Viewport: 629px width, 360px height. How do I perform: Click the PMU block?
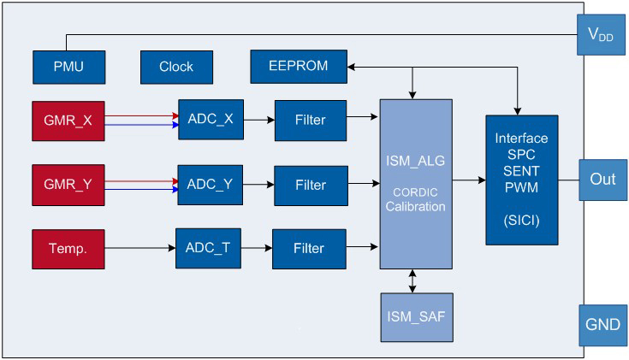point(68,67)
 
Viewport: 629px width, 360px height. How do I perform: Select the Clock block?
point(175,67)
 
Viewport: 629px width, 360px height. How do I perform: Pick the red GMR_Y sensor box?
point(69,183)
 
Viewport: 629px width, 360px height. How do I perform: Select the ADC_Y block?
point(210,184)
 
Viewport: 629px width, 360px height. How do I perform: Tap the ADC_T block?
point(209,247)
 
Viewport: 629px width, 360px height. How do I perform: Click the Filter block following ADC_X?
point(311,121)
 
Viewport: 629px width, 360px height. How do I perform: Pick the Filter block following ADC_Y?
point(311,184)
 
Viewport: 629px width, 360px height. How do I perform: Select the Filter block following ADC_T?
point(310,247)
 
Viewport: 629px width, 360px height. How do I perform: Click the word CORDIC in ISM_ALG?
point(415,192)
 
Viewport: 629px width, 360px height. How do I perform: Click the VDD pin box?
point(603,35)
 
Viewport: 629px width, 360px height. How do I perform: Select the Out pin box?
point(603,180)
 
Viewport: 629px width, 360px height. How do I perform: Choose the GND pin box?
point(603,325)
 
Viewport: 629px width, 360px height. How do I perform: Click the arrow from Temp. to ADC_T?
point(141,247)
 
